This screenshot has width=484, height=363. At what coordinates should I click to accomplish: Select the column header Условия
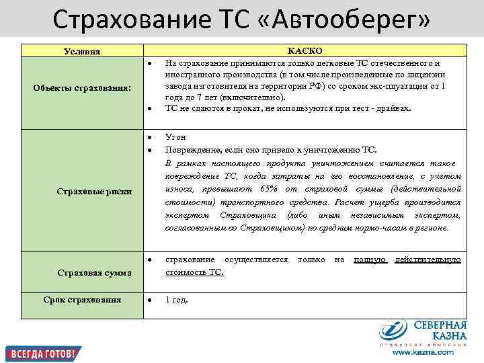point(82,52)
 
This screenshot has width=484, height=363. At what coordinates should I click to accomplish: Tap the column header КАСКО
point(305,51)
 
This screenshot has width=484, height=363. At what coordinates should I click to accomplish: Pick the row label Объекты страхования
point(82,89)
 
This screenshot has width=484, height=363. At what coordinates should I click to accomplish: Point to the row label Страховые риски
point(94,192)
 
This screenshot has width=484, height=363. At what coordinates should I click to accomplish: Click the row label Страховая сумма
point(94,272)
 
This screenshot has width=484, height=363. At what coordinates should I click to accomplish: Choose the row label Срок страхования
point(82,299)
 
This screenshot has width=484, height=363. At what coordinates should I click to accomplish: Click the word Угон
point(176,137)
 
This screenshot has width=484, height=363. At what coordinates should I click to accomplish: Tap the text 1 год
point(177,299)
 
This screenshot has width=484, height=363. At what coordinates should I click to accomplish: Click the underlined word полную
point(369,259)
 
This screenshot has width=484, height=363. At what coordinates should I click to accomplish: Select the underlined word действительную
point(428,259)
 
